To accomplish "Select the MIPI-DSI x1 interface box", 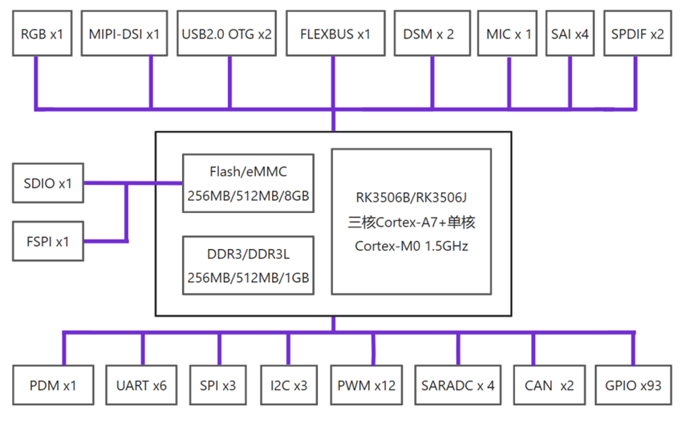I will (x=124, y=34).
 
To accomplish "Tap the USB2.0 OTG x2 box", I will (x=227, y=34).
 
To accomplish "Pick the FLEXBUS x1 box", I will (x=335, y=34).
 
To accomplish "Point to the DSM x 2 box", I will (x=429, y=34).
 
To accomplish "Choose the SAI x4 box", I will (x=570, y=34).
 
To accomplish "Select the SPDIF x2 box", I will (x=637, y=34).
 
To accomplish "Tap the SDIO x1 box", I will (x=48, y=183).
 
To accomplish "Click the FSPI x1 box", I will (x=48, y=241).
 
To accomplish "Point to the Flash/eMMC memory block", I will (x=248, y=183).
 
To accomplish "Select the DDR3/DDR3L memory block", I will (x=248, y=266).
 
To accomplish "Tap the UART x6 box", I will (x=142, y=386).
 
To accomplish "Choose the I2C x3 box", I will (x=289, y=386).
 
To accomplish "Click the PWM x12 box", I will (x=367, y=386).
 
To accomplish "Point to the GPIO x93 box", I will (x=634, y=386).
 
